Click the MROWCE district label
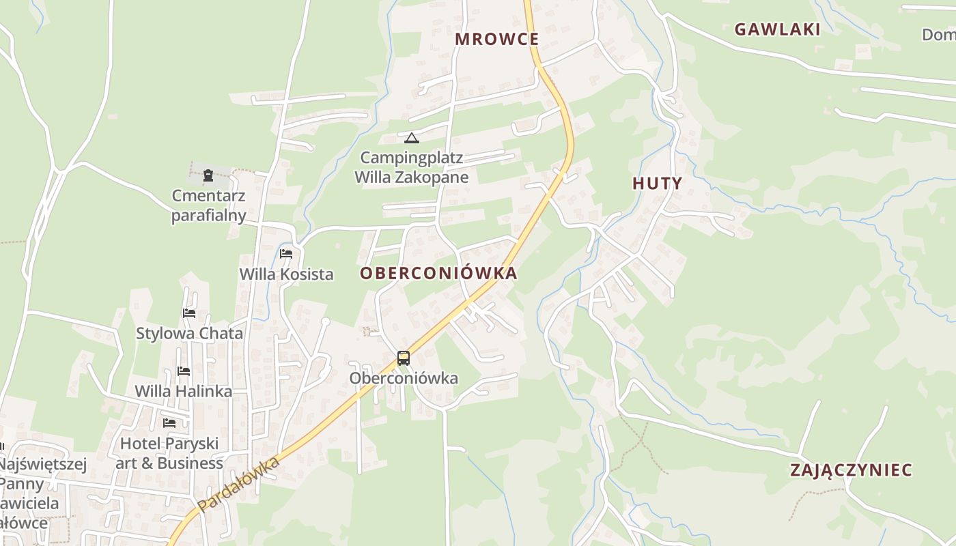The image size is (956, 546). [497, 39]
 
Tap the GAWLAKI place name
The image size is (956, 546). [777, 29]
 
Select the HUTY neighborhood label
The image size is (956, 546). [657, 183]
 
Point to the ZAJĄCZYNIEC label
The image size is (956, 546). [851, 470]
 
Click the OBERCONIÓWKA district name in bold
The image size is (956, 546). [438, 274]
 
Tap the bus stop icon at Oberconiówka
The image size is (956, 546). [404, 358]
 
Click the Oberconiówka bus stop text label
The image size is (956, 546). [404, 378]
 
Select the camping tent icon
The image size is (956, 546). [411, 139]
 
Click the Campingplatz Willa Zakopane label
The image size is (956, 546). [411, 168]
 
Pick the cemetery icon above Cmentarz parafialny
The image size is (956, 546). [208, 175]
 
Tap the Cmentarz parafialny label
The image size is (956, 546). [208, 206]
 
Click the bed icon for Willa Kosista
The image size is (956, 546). [286, 254]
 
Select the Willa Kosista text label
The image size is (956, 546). [286, 274]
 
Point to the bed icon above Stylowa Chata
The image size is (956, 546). [189, 313]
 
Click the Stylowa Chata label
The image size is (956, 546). [189, 334]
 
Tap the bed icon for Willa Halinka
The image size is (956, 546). [184, 371]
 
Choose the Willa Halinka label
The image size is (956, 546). [184, 392]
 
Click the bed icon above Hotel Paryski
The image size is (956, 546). [169, 423]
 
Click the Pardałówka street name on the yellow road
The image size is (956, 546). [240, 485]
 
